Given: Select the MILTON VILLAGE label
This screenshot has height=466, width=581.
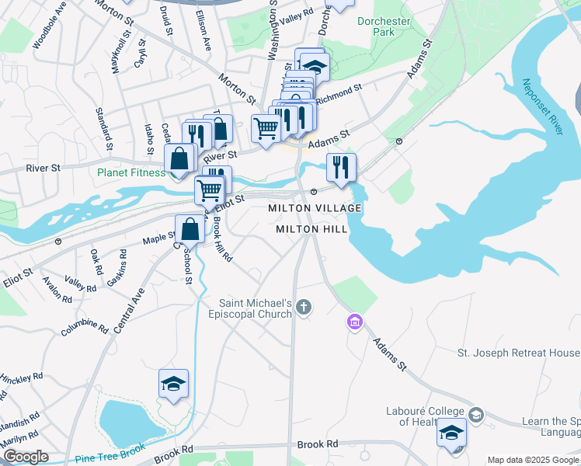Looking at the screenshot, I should pyautogui.click(x=315, y=209).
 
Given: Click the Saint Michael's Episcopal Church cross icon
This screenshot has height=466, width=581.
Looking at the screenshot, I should pyautogui.click(x=304, y=308).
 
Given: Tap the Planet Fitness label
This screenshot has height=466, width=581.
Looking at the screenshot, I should pyautogui.click(x=130, y=172).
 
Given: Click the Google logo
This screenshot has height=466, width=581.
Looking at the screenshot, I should pyautogui.click(x=26, y=457).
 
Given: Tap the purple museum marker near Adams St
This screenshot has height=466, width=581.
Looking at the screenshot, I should pyautogui.click(x=355, y=322).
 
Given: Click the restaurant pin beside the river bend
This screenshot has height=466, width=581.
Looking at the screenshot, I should pyautogui.click(x=341, y=166).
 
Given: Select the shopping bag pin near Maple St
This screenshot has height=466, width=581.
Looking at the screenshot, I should pyautogui.click(x=190, y=229).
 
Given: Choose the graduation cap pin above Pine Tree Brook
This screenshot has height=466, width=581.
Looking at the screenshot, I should pyautogui.click(x=174, y=383).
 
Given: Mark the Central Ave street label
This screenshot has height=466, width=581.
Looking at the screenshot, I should pyautogui.click(x=130, y=311).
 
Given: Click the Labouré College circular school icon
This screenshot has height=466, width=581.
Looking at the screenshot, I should pyautogui.click(x=476, y=416).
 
